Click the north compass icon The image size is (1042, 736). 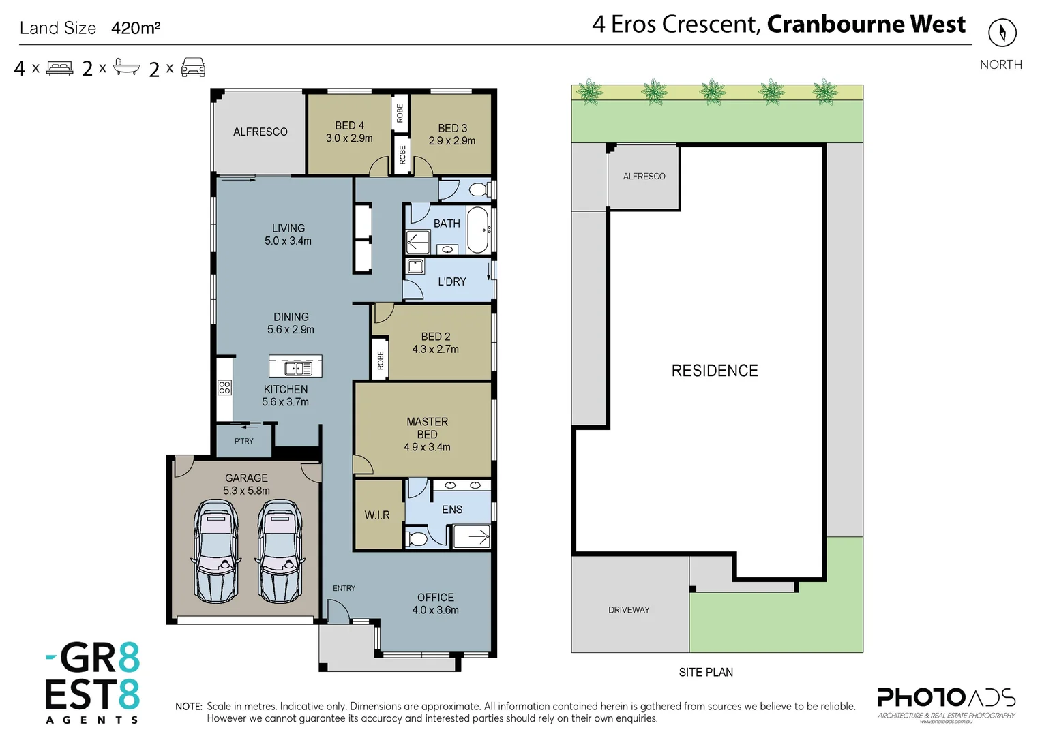[x=1002, y=33]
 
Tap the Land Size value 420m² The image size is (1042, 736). [x=136, y=28]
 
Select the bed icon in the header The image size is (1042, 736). [x=59, y=68]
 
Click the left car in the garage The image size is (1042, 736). [x=216, y=551]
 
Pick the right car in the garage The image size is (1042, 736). [x=280, y=551]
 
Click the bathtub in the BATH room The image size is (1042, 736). [x=477, y=230]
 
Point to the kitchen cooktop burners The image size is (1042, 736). [x=224, y=388]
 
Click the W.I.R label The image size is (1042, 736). [x=377, y=515]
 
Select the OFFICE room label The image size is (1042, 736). [x=436, y=597]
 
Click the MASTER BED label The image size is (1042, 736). [x=428, y=428]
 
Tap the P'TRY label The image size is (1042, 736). [x=243, y=441]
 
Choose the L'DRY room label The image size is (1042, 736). [x=452, y=281]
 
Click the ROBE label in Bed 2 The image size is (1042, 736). [x=381, y=361]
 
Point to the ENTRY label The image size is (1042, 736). [x=344, y=588]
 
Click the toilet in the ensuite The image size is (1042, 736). [x=417, y=539]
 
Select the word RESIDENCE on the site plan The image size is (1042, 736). [x=715, y=371]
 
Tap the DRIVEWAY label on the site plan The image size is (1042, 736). [x=629, y=610]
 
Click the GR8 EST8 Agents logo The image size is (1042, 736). [x=93, y=682]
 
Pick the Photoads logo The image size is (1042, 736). [x=946, y=702]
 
